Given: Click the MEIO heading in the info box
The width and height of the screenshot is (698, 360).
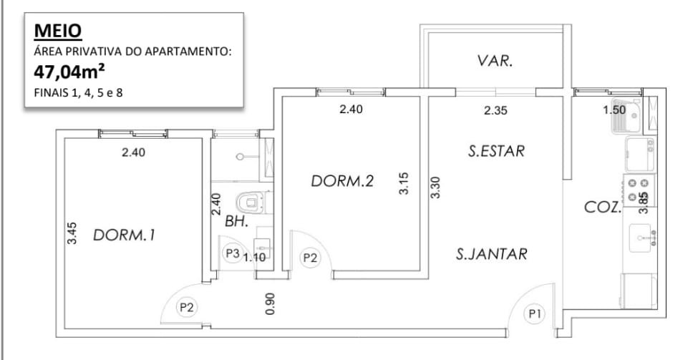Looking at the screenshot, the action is [x=58, y=31].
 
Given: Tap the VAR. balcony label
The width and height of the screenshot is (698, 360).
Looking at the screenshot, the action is [x=495, y=61].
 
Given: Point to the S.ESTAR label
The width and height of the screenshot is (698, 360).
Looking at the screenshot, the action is [x=496, y=151].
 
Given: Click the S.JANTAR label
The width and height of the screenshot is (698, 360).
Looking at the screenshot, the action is [x=491, y=254].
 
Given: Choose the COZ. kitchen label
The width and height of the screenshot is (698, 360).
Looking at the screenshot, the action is [x=602, y=207].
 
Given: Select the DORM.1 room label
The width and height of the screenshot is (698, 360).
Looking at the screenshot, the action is [x=124, y=235].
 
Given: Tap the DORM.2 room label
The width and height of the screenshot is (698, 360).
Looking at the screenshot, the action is [x=342, y=181].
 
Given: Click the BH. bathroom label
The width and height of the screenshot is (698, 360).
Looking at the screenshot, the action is [x=236, y=221].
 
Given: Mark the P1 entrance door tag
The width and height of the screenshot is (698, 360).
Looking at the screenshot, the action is [x=534, y=314].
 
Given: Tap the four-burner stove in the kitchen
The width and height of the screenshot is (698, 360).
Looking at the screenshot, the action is [x=639, y=190].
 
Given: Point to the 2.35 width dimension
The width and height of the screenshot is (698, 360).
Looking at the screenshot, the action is [x=495, y=110].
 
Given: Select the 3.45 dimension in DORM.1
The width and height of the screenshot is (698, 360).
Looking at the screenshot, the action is [x=72, y=233].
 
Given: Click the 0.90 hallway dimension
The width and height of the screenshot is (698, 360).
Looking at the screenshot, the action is [x=270, y=304].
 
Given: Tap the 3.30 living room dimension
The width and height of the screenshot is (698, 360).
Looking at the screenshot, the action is [x=435, y=188].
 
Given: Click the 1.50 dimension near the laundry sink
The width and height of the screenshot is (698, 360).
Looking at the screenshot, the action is [x=615, y=110].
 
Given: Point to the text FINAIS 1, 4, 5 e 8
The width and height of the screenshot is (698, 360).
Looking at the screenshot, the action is [x=78, y=94].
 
